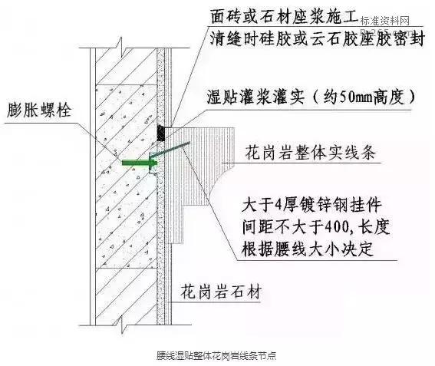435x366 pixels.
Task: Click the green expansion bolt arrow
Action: point(140,163)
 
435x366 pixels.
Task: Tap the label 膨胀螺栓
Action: point(39,110)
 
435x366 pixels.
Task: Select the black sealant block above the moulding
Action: point(161,133)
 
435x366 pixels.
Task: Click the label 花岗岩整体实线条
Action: point(310,152)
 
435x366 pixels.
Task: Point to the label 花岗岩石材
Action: point(221,292)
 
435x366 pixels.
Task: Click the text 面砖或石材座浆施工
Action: point(285,16)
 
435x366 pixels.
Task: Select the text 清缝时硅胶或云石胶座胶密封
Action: point(317,38)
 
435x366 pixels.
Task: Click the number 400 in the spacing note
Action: point(337,228)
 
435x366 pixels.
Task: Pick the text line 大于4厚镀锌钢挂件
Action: point(311,206)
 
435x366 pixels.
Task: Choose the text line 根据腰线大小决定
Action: point(307,249)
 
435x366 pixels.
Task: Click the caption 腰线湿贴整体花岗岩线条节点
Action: point(216,355)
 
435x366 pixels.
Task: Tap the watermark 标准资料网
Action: point(385,21)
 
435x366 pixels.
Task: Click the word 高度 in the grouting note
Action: point(388,97)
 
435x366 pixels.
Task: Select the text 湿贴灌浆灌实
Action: point(255,97)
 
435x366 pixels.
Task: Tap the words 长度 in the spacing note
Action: point(374,228)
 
